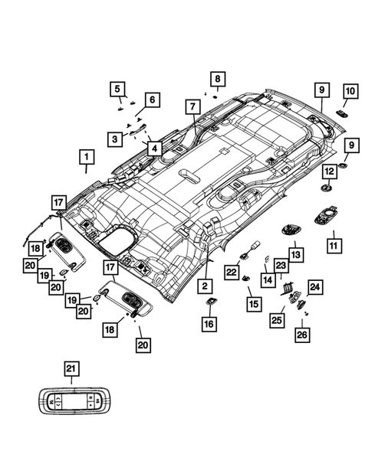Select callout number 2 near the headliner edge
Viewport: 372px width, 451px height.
[206, 286]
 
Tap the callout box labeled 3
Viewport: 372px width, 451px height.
[114, 139]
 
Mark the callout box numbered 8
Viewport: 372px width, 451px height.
[217, 80]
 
